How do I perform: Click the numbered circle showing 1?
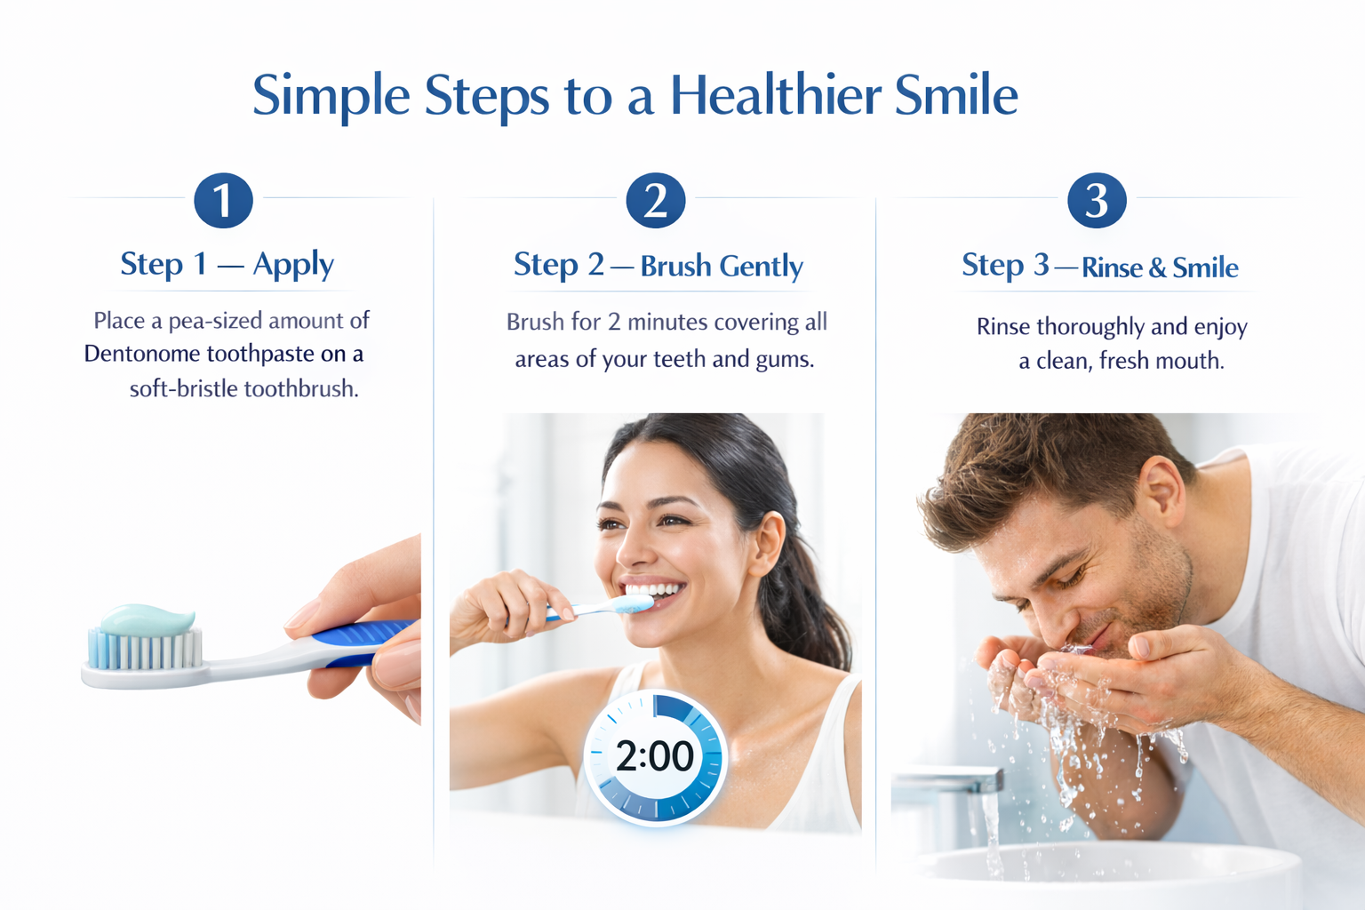tap(223, 201)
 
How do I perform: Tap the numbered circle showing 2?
tap(656, 201)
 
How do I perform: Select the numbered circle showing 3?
tap(1097, 201)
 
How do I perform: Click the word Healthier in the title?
tap(776, 95)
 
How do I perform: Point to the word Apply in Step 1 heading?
tap(293, 265)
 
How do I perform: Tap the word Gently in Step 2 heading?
tap(761, 267)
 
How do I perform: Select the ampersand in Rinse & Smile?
tap(1157, 267)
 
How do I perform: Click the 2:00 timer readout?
tap(654, 756)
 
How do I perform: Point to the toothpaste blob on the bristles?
tap(148, 619)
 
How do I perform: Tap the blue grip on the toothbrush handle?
tap(360, 640)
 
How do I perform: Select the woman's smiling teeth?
tap(653, 590)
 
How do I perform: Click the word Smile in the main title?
tap(956, 95)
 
